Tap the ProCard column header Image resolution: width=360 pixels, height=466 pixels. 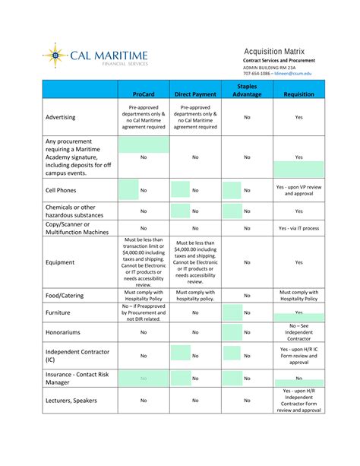pyautogui.click(x=144, y=94)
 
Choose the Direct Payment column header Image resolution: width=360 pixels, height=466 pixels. pyautogui.click(x=195, y=94)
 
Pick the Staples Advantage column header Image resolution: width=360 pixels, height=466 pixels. pyautogui.click(x=247, y=90)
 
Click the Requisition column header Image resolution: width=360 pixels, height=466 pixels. pyautogui.click(x=298, y=94)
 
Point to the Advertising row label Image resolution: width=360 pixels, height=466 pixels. pyautogui.click(x=66, y=118)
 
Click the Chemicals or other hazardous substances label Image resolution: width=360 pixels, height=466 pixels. pyautogui.click(x=71, y=211)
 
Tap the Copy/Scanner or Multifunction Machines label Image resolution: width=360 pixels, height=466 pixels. pyautogui.click(x=77, y=228)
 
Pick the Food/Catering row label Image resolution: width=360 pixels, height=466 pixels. pyautogui.click(x=65, y=295)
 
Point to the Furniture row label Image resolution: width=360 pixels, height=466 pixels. pyautogui.click(x=58, y=312)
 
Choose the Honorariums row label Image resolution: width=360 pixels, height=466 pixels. pyautogui.click(x=66, y=332)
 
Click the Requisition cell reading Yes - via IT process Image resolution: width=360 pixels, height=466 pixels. pyautogui.click(x=298, y=228)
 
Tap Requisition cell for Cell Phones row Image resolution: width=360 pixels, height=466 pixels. pyautogui.click(x=298, y=190)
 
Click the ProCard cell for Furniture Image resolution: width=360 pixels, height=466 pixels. pyautogui.click(x=144, y=312)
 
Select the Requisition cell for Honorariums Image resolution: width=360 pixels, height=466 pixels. pyautogui.click(x=298, y=332)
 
